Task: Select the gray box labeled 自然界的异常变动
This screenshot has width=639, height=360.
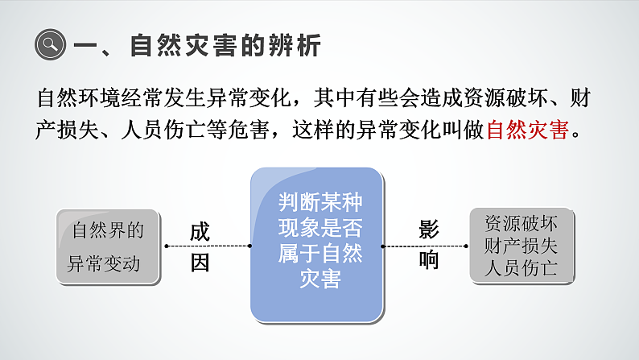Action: (108, 246)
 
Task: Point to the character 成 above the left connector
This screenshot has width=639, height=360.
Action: (200, 231)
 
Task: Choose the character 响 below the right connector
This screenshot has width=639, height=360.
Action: (428, 260)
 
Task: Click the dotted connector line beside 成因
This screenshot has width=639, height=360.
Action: (207, 246)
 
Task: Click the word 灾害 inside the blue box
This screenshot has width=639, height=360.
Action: (319, 279)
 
